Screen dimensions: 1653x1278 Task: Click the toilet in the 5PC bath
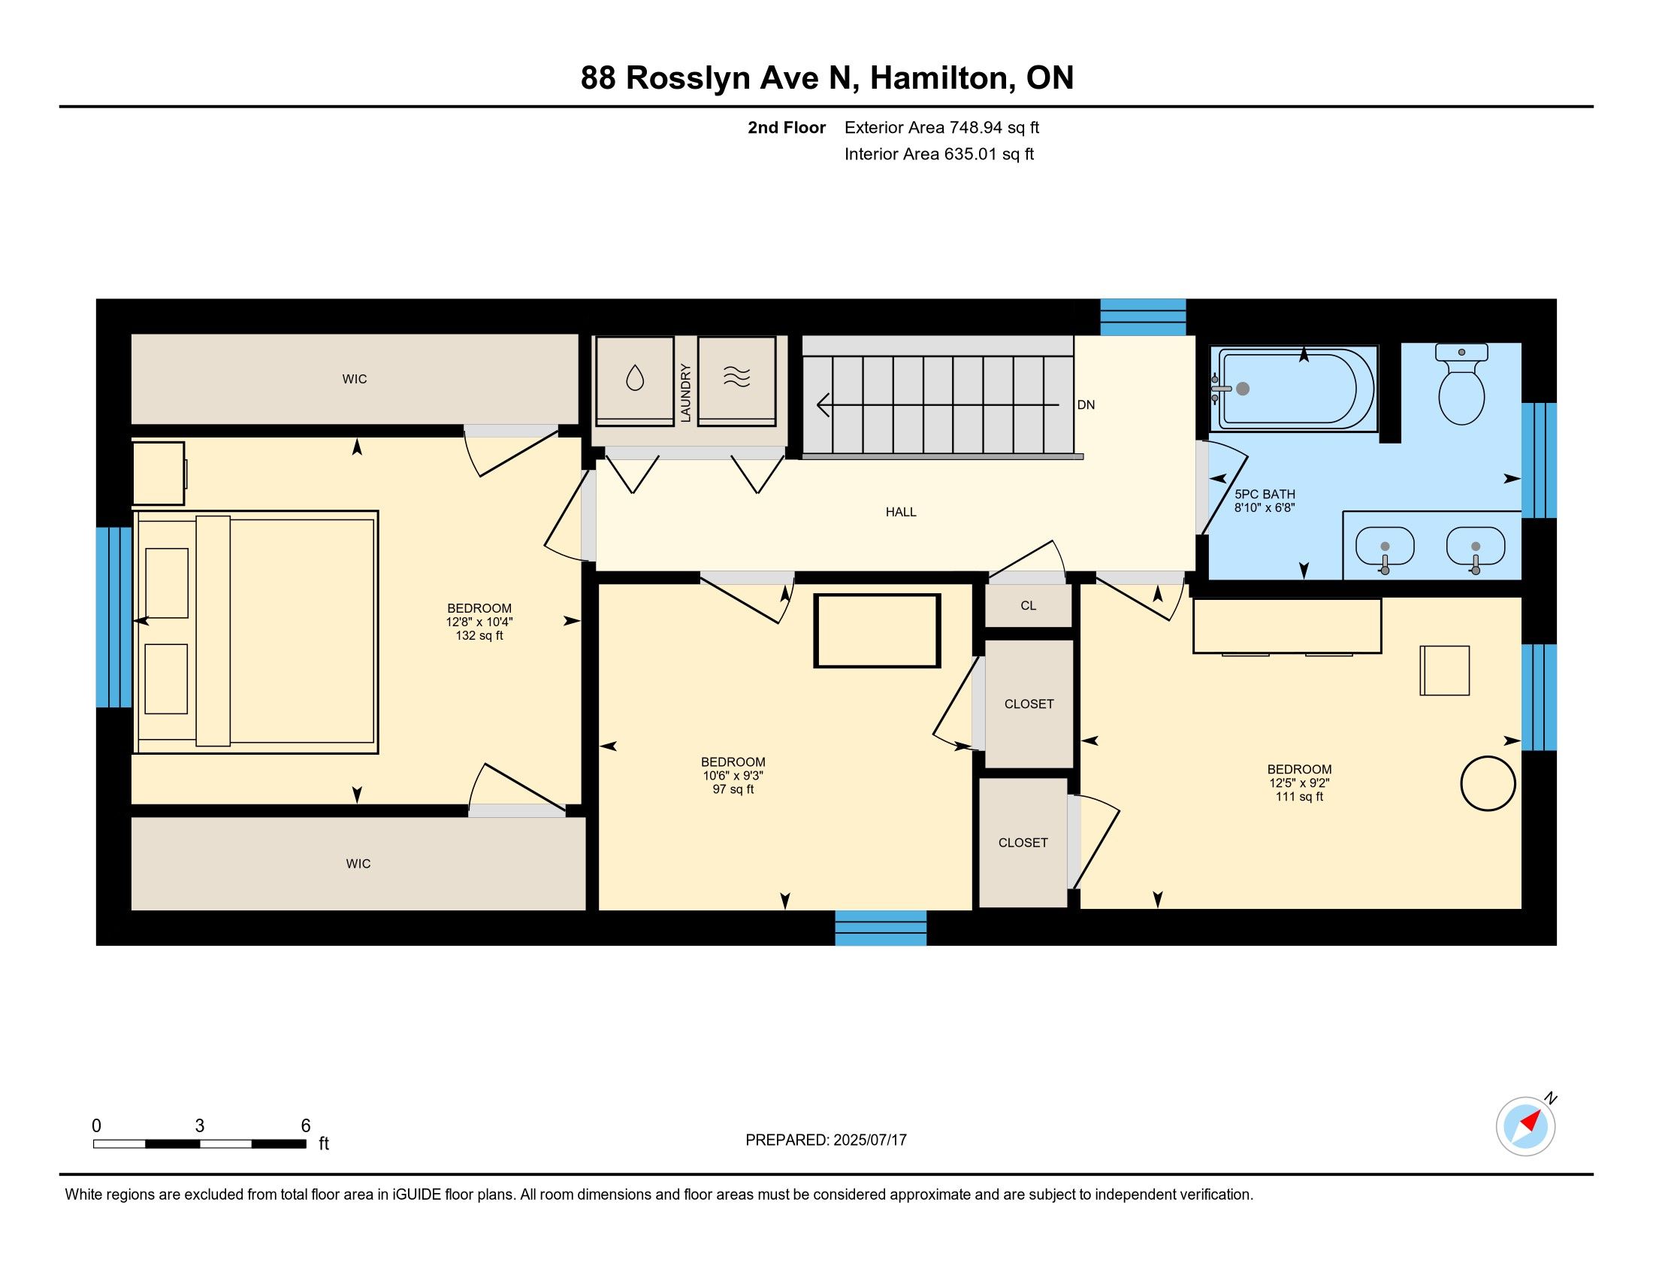tap(1461, 384)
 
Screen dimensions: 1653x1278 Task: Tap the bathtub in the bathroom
tap(1294, 389)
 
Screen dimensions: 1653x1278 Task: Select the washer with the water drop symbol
tap(634, 381)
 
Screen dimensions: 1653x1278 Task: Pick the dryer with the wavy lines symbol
tap(736, 381)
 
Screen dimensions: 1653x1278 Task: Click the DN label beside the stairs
tap(1086, 405)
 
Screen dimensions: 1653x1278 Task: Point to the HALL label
tap(901, 513)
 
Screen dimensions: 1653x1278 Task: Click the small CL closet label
tap(1028, 606)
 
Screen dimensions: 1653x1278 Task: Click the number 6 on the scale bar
tap(306, 1126)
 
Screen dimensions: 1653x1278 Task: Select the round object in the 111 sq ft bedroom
tap(1488, 783)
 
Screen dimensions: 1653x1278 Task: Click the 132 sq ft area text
tap(479, 636)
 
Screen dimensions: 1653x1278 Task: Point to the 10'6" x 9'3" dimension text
tap(733, 776)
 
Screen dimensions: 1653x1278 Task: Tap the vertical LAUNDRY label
tap(686, 393)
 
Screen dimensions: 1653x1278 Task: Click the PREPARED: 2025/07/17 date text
tap(826, 1140)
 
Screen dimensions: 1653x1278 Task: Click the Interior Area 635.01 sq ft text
tap(939, 154)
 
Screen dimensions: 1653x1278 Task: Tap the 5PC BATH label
tap(1265, 495)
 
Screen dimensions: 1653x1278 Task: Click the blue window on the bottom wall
tap(881, 928)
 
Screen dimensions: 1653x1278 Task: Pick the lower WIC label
tap(358, 864)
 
